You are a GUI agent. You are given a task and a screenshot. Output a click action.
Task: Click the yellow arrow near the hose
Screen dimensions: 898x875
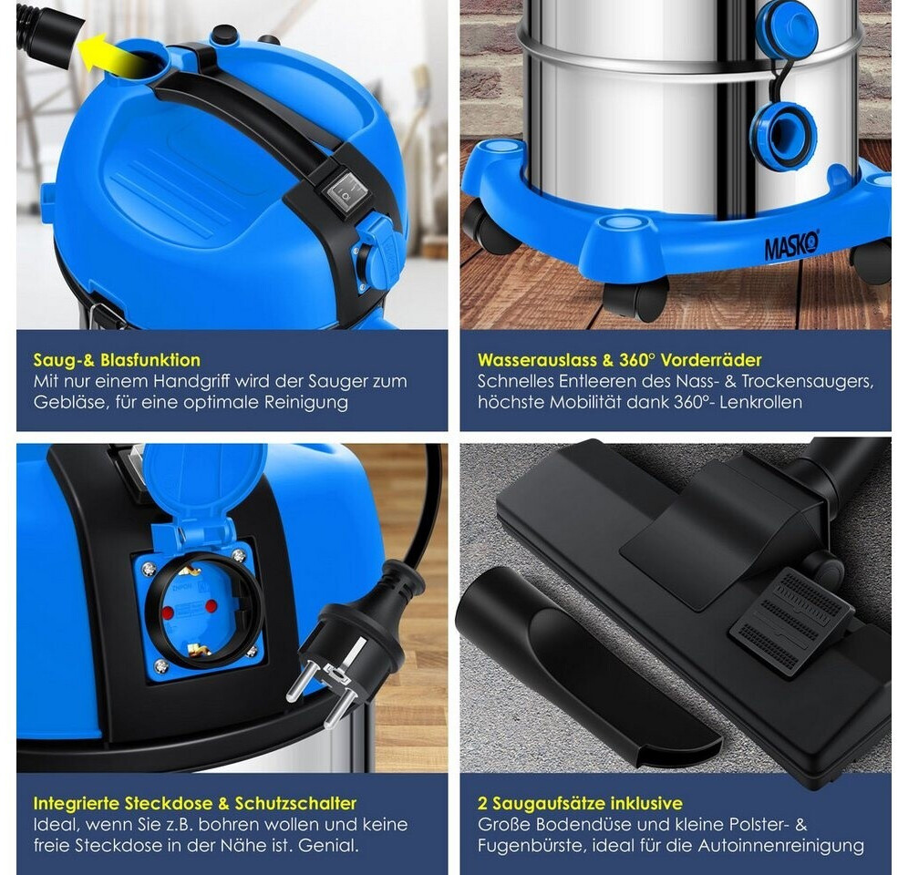point(106,55)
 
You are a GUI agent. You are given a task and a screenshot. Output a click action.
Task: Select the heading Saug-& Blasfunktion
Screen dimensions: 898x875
point(117,360)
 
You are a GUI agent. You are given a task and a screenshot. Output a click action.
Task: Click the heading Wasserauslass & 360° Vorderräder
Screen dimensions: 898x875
point(620,360)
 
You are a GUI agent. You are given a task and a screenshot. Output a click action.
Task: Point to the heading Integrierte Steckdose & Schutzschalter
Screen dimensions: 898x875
point(195,803)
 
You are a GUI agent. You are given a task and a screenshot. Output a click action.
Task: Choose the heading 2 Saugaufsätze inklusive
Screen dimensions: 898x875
point(580,803)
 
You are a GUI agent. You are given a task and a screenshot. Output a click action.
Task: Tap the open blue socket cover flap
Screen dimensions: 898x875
point(203,491)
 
